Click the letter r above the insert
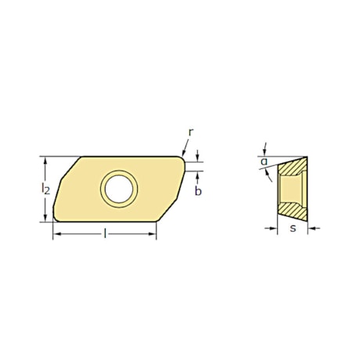pyautogui.click(x=190, y=134)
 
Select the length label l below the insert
pyautogui.click(x=104, y=233)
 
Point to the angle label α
pyautogui.click(x=264, y=162)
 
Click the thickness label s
pyautogui.click(x=292, y=229)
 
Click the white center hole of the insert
pyautogui.click(x=118, y=188)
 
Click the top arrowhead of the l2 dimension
pyautogui.click(x=46, y=160)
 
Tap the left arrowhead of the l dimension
pyautogui.click(x=56, y=234)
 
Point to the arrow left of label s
pyautogui.click(x=273, y=229)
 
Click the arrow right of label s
pyautogui.click(x=311, y=229)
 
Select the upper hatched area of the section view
pyautogui.click(x=295, y=167)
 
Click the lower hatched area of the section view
pyautogui.click(x=293, y=209)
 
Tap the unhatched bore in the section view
pyautogui.click(x=293, y=189)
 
